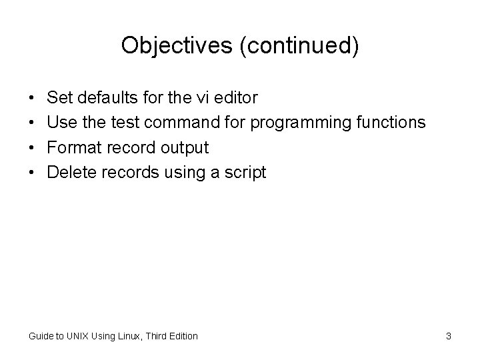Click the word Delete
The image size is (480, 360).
(x=72, y=173)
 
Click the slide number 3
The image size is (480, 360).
(x=449, y=336)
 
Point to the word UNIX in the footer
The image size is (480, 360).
(x=79, y=336)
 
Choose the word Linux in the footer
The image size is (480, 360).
(x=129, y=336)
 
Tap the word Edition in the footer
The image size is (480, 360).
(x=183, y=336)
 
